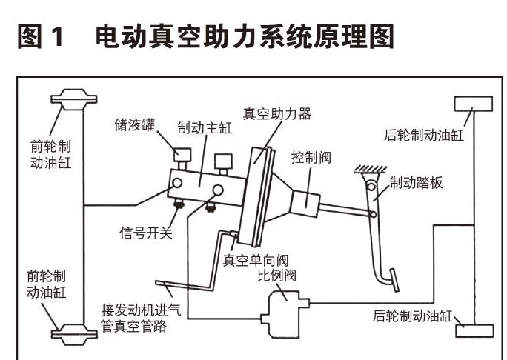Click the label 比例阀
tap(276, 276)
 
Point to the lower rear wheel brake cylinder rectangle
tap(474, 330)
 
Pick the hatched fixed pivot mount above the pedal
tap(368, 170)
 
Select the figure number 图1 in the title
tap(44, 36)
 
